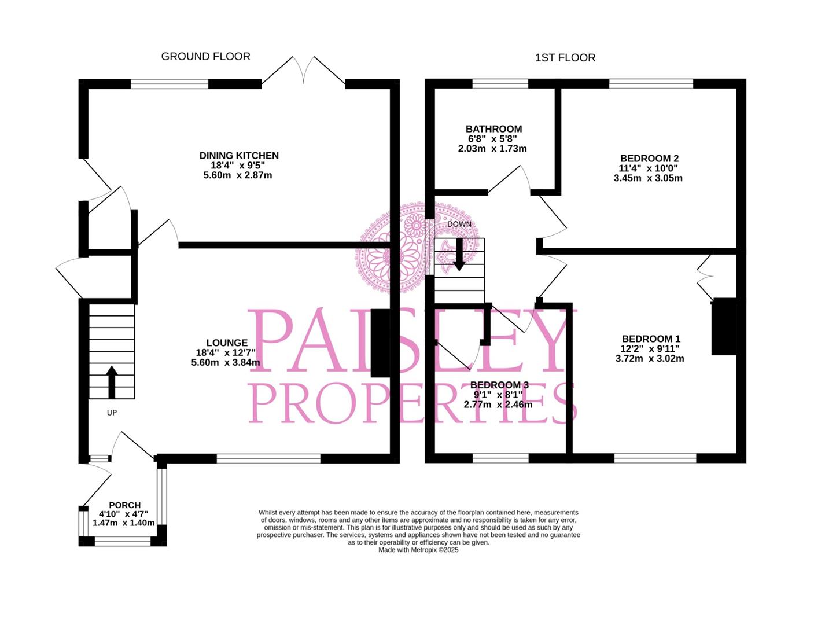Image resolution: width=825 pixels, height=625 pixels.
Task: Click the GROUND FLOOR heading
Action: [x=205, y=56]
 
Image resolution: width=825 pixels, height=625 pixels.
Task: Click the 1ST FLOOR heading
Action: [x=565, y=57]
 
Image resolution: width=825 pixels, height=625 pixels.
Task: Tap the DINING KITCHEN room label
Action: [x=238, y=156]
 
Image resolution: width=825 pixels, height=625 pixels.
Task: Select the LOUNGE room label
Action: [x=227, y=343]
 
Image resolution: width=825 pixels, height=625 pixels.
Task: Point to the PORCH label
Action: [x=124, y=505]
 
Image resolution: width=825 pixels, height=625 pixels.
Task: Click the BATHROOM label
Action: [x=493, y=129]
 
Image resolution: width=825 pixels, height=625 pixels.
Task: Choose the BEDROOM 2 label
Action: [x=649, y=159]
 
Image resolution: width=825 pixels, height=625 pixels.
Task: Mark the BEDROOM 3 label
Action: [x=499, y=385]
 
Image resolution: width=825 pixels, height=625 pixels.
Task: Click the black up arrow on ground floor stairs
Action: [x=112, y=381]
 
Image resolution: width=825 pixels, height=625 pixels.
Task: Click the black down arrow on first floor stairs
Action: [x=459, y=255]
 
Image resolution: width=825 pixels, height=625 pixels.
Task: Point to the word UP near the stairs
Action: [x=112, y=413]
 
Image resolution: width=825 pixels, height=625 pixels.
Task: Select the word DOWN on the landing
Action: [x=459, y=224]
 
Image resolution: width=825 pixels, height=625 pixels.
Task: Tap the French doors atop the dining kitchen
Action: [x=303, y=72]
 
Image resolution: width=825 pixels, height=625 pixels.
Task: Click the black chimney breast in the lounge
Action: [x=380, y=344]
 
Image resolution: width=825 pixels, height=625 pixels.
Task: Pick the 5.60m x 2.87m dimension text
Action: [x=237, y=175]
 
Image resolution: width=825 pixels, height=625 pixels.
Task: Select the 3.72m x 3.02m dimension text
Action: [x=650, y=359]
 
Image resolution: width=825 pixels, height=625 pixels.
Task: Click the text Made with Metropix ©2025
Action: [x=418, y=550]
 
